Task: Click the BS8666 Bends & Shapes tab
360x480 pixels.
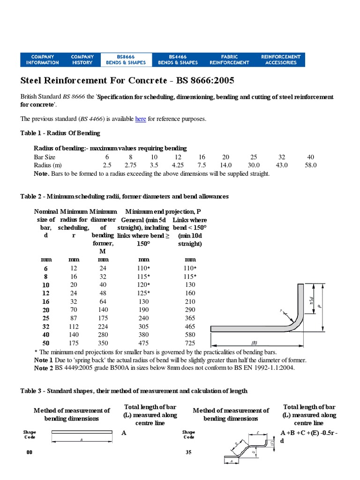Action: point(126,60)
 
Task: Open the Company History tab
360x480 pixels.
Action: point(82,60)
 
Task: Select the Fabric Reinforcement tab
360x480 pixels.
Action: point(229,60)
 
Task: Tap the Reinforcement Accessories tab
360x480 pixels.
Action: point(280,60)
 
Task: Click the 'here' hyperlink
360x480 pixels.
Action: point(141,119)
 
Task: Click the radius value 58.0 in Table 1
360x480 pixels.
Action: point(310,165)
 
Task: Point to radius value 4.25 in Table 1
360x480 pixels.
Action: point(178,165)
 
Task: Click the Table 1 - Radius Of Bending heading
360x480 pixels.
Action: point(60,133)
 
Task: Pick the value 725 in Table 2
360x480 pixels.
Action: point(190,344)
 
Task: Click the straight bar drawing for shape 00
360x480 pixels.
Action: point(82,433)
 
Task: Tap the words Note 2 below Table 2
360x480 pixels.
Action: point(44,368)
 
